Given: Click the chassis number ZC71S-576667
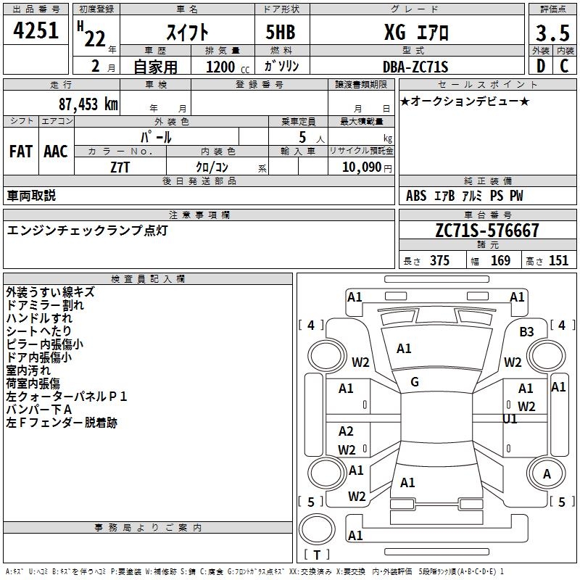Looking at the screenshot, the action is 487,231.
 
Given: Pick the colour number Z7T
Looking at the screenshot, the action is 120,166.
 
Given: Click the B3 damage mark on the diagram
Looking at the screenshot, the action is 526,332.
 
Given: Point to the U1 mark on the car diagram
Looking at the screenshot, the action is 510,419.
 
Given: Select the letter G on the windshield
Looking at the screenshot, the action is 414,382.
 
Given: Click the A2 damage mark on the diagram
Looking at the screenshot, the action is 346,431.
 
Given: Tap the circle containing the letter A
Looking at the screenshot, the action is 547,474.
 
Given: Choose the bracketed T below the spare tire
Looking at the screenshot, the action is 316,555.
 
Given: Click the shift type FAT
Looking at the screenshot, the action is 20,152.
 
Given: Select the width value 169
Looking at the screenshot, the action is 500,261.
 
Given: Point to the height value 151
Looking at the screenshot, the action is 558,261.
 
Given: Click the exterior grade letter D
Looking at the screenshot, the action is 540,67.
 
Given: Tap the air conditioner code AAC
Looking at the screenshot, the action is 56,152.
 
